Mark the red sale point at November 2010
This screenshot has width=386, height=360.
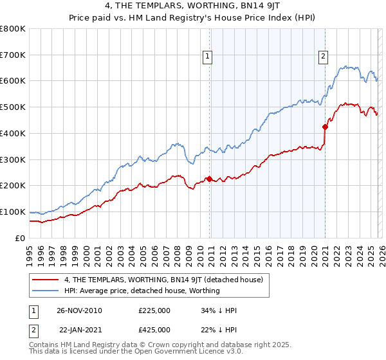click(x=209, y=179)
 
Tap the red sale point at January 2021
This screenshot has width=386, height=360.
click(x=325, y=127)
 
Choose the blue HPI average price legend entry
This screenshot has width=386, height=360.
click(x=142, y=291)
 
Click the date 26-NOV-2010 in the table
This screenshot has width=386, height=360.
click(x=78, y=310)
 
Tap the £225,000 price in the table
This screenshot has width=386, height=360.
click(x=154, y=310)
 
